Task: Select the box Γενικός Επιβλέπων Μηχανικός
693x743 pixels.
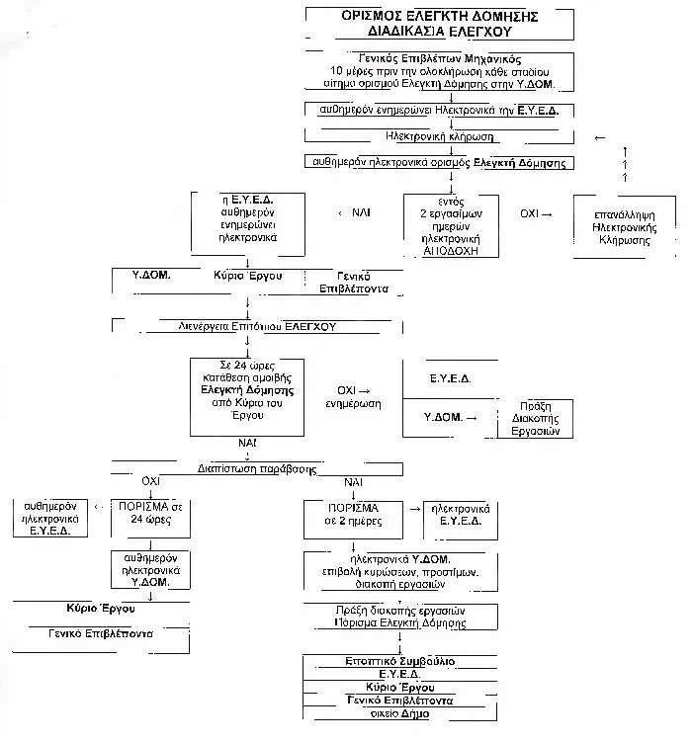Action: [440, 71]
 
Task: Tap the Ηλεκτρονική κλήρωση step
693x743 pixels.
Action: [440, 135]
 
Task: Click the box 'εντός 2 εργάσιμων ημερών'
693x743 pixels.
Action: [451, 225]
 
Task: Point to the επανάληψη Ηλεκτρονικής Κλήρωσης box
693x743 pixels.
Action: [626, 226]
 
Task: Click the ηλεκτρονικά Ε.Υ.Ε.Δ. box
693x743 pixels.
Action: [460, 515]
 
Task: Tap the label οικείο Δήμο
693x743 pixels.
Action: [399, 712]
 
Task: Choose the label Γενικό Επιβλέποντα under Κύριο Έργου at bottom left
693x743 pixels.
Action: [101, 632]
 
